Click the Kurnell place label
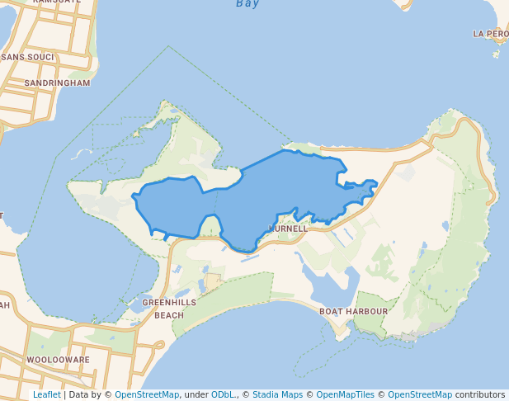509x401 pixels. tap(288, 228)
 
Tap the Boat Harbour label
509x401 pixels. tap(353, 311)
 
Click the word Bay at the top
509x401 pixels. tap(247, 4)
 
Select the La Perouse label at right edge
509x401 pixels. tap(490, 34)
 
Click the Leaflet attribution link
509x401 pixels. tap(46, 394)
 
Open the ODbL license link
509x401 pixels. tap(223, 394)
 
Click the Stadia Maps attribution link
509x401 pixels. tap(277, 394)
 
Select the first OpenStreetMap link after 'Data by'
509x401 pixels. tap(147, 394)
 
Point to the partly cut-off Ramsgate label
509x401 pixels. tap(56, 2)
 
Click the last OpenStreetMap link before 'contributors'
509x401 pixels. tap(420, 394)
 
